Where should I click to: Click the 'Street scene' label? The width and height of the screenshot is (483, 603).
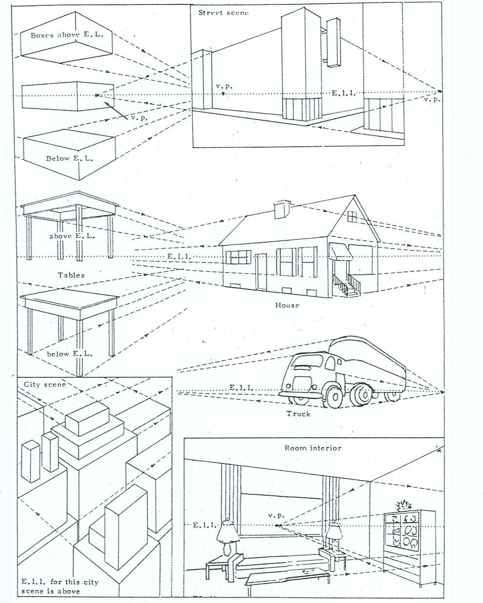223,13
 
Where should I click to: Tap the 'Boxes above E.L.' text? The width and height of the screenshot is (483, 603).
67,35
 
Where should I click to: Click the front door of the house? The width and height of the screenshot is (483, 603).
261,272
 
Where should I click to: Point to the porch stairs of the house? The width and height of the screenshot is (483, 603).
347,285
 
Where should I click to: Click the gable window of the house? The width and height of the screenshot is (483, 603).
352,216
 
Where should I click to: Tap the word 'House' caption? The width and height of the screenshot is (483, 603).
287,305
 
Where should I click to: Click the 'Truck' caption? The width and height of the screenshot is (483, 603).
298,414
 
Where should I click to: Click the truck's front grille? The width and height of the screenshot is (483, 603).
302,383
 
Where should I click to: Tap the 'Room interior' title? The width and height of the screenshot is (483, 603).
313,448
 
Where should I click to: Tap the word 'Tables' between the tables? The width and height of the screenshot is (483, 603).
71,275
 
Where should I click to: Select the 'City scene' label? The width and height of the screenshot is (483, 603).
44,384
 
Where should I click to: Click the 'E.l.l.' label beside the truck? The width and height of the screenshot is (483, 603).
241,388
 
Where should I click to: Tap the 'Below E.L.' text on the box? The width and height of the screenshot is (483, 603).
69,158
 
